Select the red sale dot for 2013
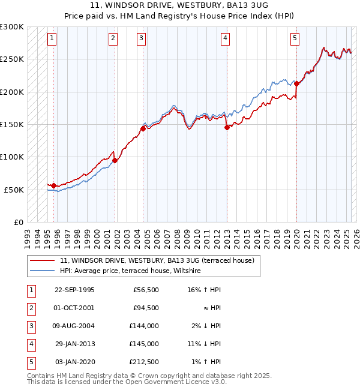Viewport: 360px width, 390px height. pos(227,127)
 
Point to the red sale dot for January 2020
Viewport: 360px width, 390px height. pos(296,83)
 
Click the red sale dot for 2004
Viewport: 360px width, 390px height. pos(143,128)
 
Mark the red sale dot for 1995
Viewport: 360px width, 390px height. pos(54,185)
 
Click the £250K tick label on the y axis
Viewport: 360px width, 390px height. pos(12,59)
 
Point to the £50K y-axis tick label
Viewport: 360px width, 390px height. pos(14,190)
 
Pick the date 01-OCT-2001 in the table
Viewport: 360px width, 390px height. pos(74,308)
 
